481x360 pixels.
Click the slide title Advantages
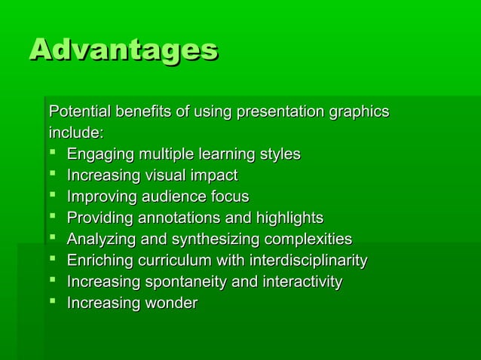click(124, 51)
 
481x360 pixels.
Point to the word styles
click(280, 154)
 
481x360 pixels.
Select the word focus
click(230, 197)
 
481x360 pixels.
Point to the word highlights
click(289, 218)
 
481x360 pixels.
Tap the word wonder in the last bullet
click(170, 304)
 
